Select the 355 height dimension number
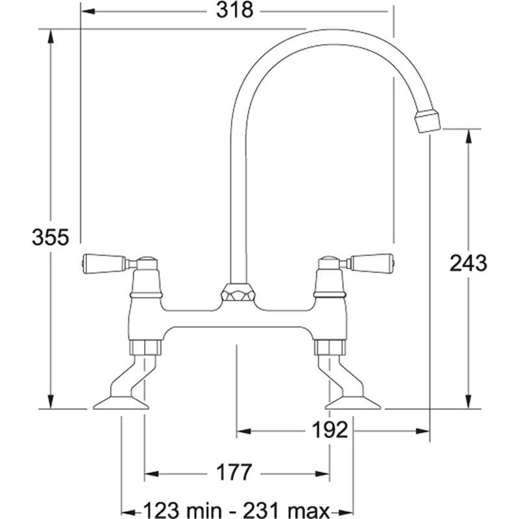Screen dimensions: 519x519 [51, 237]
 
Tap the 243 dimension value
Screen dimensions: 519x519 [468, 263]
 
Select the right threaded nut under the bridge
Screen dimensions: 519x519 [328, 349]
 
